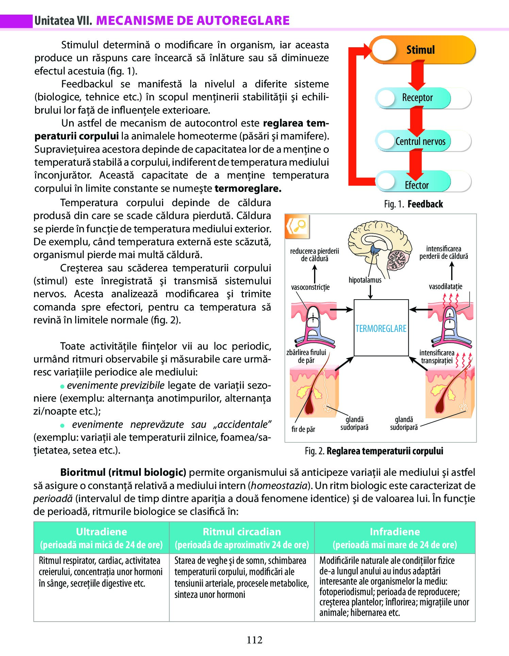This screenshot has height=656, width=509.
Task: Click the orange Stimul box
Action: (x=422, y=50)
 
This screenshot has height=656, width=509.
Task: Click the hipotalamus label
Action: (x=365, y=280)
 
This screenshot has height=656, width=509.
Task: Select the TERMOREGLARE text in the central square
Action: (x=381, y=329)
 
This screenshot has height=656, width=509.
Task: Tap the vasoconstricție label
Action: (x=310, y=287)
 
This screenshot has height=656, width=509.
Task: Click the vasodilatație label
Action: (x=445, y=287)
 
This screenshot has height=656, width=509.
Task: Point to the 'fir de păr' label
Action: (x=303, y=429)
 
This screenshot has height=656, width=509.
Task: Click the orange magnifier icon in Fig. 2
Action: (x=297, y=226)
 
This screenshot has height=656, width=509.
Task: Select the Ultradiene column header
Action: (x=101, y=538)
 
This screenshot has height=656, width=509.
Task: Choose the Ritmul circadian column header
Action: (x=242, y=538)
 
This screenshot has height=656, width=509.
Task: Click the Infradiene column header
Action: (x=395, y=538)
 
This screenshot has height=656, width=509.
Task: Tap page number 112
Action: (x=255, y=640)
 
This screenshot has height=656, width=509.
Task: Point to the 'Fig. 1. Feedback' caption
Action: (x=413, y=204)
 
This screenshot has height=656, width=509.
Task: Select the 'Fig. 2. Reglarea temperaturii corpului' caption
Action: (x=374, y=451)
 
